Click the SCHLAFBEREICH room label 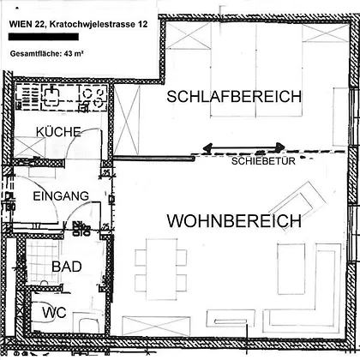click(234, 97)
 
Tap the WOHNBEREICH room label click(234, 221)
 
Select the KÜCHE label click(58, 132)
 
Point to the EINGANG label click(61, 196)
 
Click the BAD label click(67, 267)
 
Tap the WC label click(55, 313)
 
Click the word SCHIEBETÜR click(263, 161)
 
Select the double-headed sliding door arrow click(243, 147)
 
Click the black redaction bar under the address click(44, 37)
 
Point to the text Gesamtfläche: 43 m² click(47, 53)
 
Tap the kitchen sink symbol click(51, 94)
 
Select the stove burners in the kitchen click(93, 97)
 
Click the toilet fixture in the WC click(89, 324)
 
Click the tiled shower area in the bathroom click(43, 261)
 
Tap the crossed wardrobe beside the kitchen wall click(127, 120)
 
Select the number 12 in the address click(143, 24)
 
